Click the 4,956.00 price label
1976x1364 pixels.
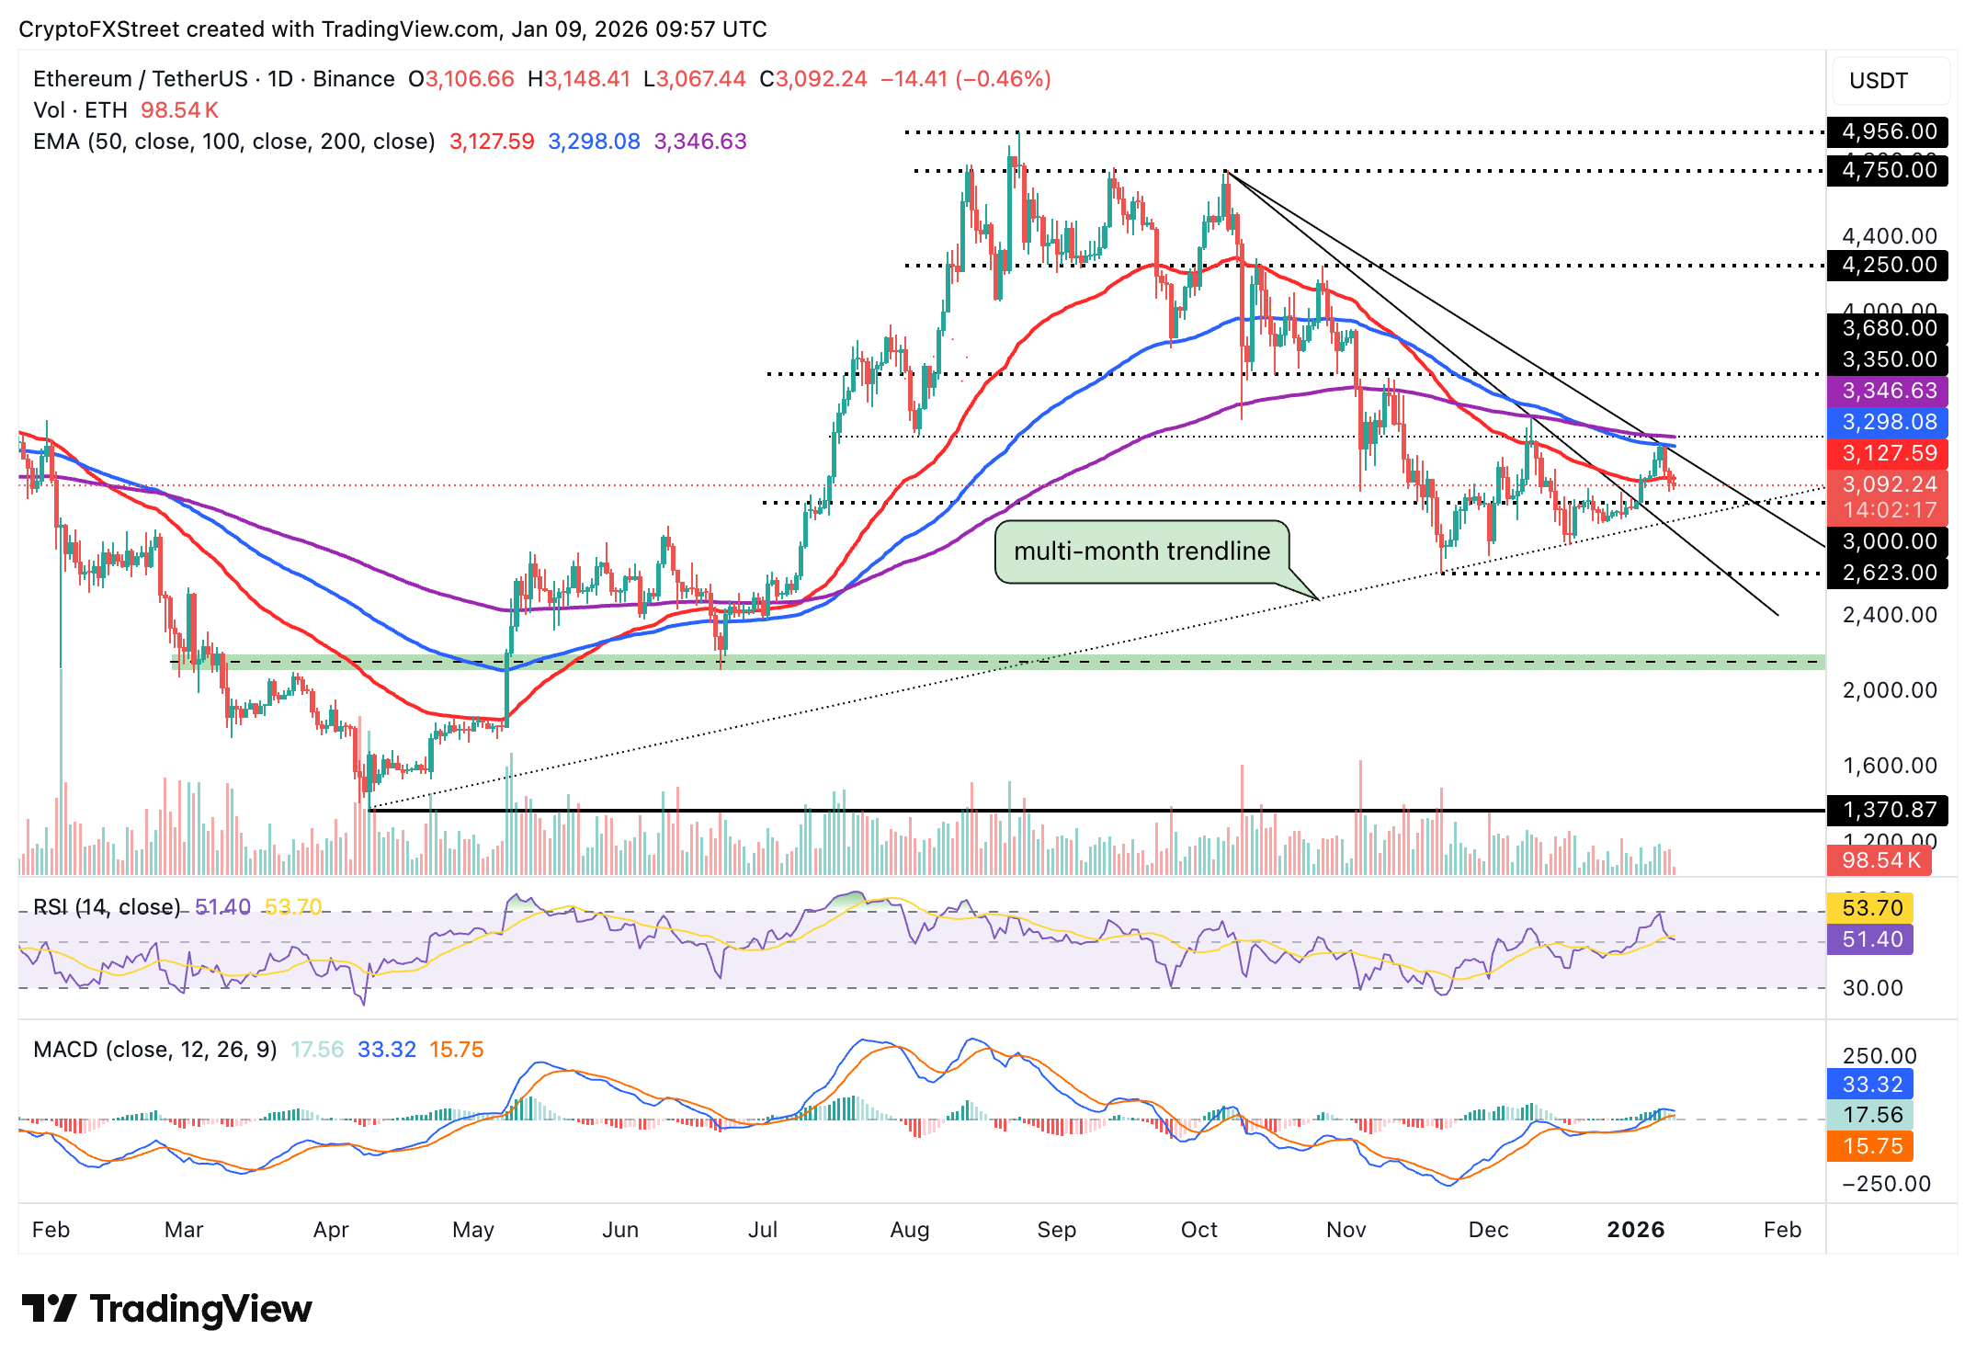[x=1888, y=131]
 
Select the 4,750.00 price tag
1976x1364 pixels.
[x=1888, y=170]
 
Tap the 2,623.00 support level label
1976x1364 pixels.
[x=1888, y=573]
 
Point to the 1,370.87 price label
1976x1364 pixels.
[x=1888, y=810]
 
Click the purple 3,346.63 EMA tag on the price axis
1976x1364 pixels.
[x=1888, y=391]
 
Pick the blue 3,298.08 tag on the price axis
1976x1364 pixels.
[x=1888, y=422]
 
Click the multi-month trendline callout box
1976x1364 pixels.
[x=1141, y=551]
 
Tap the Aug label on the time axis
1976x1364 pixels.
[x=909, y=1230]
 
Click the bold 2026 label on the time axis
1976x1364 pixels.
[x=1635, y=1230]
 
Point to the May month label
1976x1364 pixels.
[x=473, y=1230]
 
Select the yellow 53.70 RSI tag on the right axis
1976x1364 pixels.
[x=1871, y=908]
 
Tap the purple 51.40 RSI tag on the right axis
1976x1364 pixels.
[x=1871, y=939]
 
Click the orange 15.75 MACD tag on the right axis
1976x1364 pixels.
[x=1871, y=1146]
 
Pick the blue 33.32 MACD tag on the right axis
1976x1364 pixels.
[x=1871, y=1085]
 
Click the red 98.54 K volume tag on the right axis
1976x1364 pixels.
[x=1879, y=860]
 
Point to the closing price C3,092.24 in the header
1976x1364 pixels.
[x=813, y=79]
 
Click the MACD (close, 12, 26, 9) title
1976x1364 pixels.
[x=154, y=1050]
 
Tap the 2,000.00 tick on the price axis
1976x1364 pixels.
[x=1889, y=690]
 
